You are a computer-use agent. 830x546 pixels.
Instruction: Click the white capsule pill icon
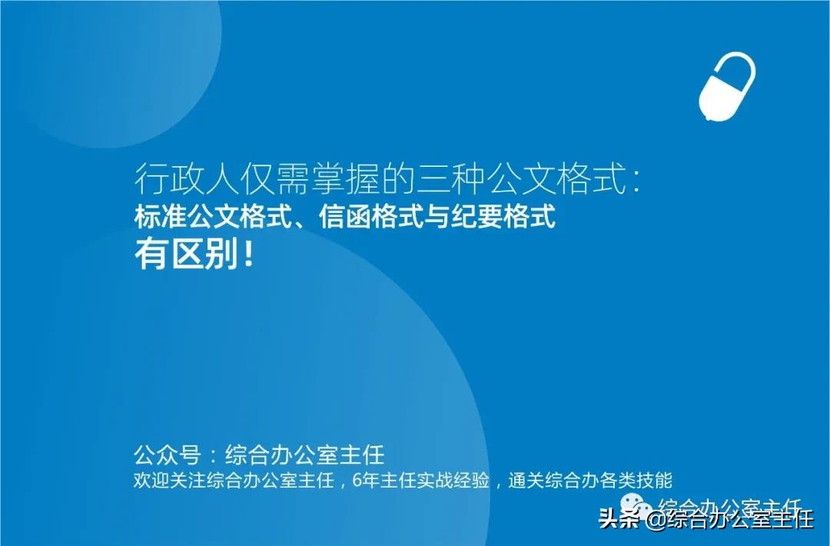pos(727,86)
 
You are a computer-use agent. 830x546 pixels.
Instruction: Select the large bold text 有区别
pos(185,257)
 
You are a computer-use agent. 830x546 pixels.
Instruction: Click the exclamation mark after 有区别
pos(247,257)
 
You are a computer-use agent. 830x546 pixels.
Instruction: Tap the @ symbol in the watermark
pos(656,521)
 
